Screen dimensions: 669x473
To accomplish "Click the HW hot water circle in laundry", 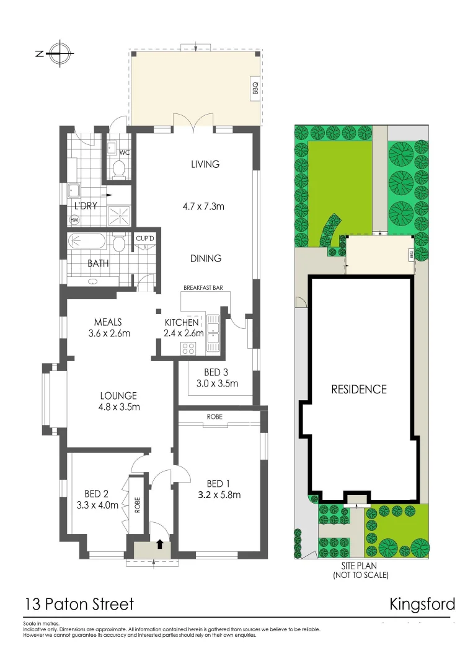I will [74, 220].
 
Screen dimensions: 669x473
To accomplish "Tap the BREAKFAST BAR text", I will [203, 288].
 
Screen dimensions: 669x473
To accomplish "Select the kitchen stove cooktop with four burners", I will [188, 348].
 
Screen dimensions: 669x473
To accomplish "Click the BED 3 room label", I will [216, 372].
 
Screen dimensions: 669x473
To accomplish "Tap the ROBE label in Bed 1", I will [216, 417].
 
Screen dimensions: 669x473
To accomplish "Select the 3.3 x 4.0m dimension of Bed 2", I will [97, 505].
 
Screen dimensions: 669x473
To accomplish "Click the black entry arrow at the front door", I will [160, 544].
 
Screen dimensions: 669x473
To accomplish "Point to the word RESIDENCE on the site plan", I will [358, 390].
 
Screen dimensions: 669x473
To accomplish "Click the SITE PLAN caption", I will [360, 566].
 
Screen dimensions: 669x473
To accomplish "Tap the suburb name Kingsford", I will [422, 604].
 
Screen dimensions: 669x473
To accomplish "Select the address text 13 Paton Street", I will [79, 604].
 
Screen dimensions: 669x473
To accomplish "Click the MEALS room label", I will [108, 322].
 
